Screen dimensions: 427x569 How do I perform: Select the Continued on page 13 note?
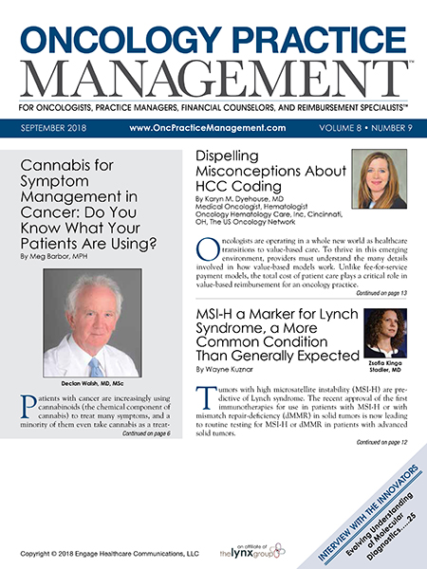[x=382, y=295]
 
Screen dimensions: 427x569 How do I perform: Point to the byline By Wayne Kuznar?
[x=234, y=367]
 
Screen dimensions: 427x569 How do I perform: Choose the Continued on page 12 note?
[x=382, y=443]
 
